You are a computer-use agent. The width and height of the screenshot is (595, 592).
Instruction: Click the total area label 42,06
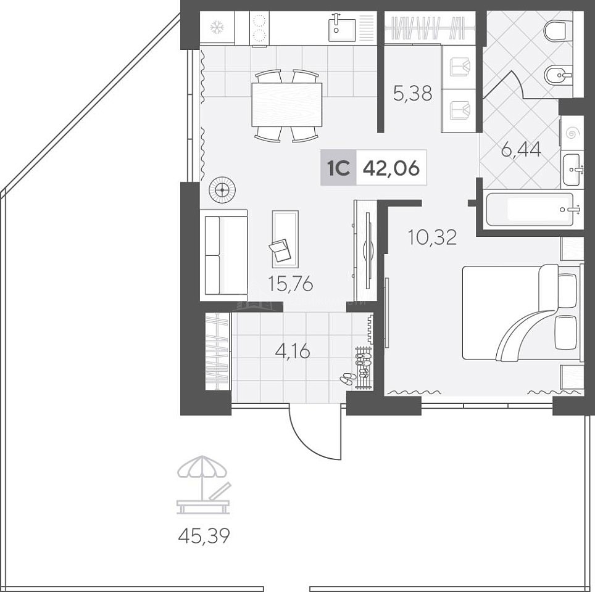pos(391,168)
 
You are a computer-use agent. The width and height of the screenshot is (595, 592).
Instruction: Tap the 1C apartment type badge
pos(338,168)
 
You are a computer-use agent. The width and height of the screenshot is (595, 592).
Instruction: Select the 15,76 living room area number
pos(290,284)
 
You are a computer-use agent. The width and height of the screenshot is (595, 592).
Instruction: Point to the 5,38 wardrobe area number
pos(412,93)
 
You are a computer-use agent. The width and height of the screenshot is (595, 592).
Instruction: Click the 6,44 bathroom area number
pos(521,149)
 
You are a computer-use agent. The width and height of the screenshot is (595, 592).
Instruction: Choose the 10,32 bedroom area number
pos(432,237)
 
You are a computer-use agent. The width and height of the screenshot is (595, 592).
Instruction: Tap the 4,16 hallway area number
pos(293,351)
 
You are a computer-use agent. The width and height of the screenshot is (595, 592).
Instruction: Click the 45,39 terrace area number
pos(204,536)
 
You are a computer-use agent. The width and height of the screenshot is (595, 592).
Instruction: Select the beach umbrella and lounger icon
pos(204,485)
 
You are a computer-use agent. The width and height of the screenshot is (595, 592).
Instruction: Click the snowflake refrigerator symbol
pos(217,27)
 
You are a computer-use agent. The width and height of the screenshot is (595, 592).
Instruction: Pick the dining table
pos(286,105)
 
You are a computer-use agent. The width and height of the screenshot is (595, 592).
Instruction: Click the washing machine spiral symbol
pos(571,133)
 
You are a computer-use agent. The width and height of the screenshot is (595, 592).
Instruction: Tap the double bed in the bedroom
pos(522,312)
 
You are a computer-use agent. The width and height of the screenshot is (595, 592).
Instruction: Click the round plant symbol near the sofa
pos(222,189)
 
